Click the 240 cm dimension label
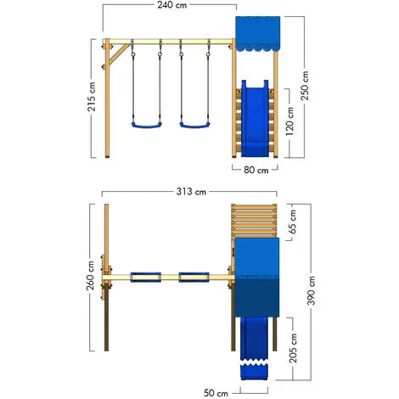click(x=172, y=5)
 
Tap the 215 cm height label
click(x=93, y=96)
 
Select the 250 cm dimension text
click(x=305, y=86)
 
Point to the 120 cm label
click(x=289, y=121)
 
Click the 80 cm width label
click(x=256, y=170)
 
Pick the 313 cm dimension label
click(x=191, y=192)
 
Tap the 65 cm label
click(x=293, y=222)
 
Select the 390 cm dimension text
click(x=311, y=290)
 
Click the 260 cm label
click(x=90, y=275)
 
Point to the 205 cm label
click(x=293, y=348)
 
